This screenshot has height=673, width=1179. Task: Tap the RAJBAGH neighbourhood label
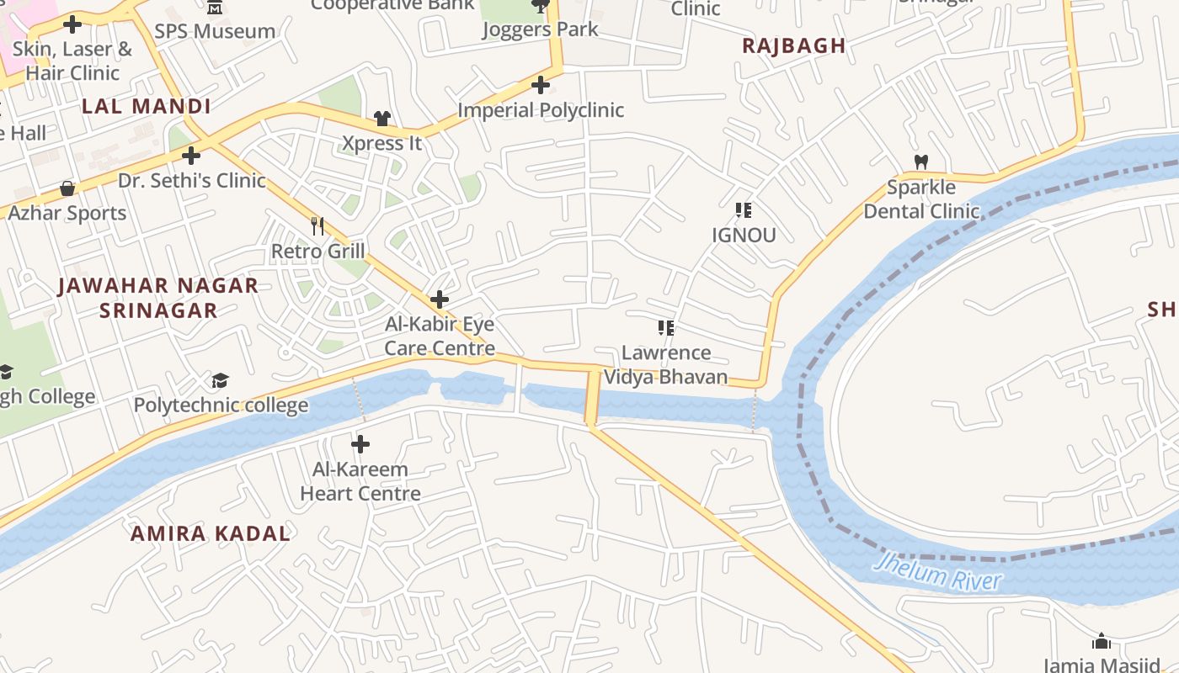[793, 46]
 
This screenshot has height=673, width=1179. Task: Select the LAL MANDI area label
[147, 107]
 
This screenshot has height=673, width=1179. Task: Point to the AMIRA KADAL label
[210, 533]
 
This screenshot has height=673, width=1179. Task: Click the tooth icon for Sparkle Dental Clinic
[921, 162]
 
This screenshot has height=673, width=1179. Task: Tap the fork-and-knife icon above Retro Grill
[317, 225]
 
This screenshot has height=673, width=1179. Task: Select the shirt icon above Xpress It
[382, 119]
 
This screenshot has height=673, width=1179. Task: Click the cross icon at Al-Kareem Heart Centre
[360, 443]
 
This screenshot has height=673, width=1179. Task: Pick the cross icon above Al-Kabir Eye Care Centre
[439, 299]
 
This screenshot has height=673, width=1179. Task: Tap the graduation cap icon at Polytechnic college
[220, 381]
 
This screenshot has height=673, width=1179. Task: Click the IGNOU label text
[744, 236]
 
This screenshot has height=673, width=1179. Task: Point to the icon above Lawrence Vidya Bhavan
[666, 327]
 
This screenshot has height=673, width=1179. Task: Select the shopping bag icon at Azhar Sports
[67, 188]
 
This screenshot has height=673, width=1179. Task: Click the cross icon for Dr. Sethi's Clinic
[191, 156]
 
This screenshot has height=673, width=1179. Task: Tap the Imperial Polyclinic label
[541, 110]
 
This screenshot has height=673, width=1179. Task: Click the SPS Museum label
[215, 32]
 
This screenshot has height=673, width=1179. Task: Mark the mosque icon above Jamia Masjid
[1101, 642]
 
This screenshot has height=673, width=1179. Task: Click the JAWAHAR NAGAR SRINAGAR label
[158, 298]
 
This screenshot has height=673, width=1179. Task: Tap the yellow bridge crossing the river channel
[593, 396]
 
